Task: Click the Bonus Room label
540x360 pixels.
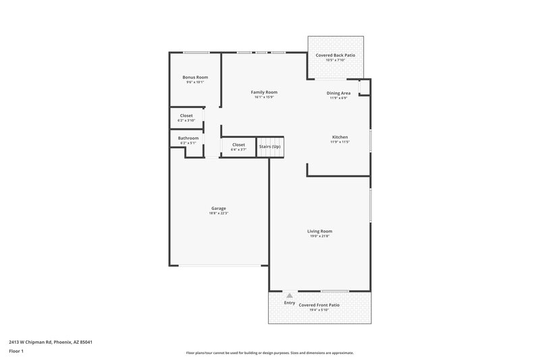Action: (195, 78)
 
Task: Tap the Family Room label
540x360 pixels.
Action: (264, 93)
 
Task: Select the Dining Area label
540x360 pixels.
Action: (338, 93)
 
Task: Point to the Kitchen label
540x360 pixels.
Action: (339, 137)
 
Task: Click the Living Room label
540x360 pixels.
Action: (320, 231)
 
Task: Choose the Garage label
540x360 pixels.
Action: (218, 208)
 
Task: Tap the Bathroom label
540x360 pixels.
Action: (188, 138)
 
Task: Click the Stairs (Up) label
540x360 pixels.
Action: (269, 145)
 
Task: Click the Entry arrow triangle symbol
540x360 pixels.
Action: (290, 296)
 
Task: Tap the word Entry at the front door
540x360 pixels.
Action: (290, 303)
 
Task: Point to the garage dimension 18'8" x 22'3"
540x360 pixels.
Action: (218, 213)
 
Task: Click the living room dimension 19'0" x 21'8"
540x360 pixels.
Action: (320, 236)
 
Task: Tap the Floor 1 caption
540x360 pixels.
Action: (17, 352)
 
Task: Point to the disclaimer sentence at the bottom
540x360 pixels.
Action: (270, 353)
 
